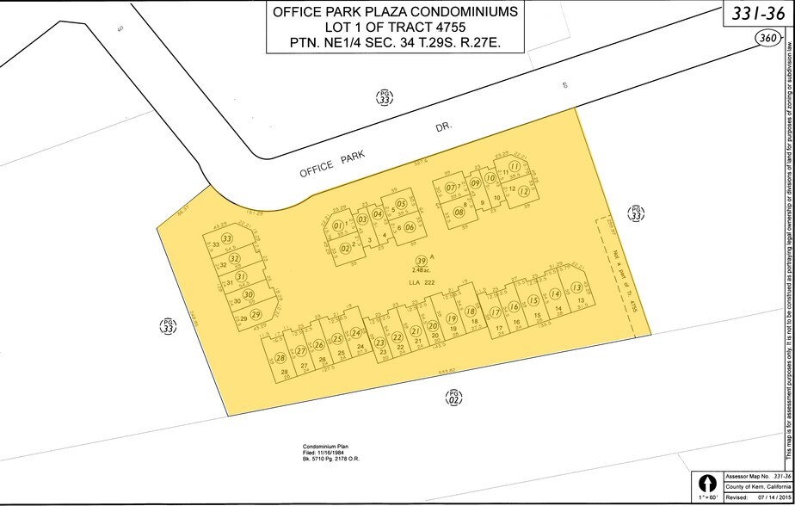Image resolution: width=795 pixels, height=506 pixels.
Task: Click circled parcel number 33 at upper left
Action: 227,238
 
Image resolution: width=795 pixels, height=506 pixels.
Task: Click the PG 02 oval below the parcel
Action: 455,397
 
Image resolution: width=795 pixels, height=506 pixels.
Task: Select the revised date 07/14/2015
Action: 767,497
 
